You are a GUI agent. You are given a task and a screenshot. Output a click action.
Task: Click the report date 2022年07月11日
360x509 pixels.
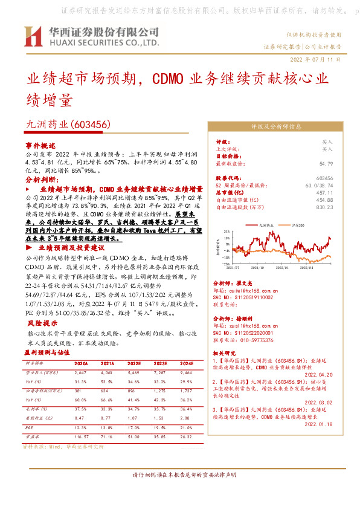(x=319, y=60)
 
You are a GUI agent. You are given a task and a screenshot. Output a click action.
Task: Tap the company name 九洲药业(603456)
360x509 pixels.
(x=66, y=124)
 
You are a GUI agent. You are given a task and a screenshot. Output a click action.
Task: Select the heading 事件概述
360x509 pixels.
(x=40, y=146)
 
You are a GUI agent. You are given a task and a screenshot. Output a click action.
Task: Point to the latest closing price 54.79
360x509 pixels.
(x=326, y=163)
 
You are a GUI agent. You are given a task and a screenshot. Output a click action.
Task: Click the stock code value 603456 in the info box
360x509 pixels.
(x=324, y=178)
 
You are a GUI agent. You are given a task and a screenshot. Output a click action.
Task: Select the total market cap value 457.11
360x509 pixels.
(x=325, y=192)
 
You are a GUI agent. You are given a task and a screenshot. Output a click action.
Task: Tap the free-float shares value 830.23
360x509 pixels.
(x=324, y=207)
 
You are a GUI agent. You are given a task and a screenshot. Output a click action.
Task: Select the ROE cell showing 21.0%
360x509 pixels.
(x=186, y=427)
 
